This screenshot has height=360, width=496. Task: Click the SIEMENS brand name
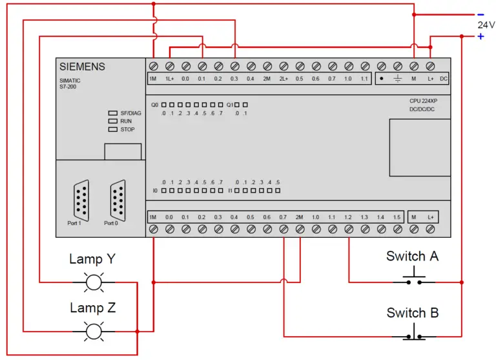(x=82, y=67)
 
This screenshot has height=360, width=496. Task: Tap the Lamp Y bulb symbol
(x=94, y=282)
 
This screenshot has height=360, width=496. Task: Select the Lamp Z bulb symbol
(x=94, y=332)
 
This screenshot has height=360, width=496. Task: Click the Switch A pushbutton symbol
(x=414, y=278)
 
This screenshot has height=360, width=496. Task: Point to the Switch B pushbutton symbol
(x=414, y=333)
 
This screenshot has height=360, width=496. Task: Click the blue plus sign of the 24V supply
(x=480, y=36)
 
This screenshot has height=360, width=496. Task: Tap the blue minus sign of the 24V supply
(x=480, y=15)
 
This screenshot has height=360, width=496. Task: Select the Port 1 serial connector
(x=81, y=200)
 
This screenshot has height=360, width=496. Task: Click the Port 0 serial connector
(x=118, y=200)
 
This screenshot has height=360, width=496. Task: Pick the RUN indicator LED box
(x=113, y=121)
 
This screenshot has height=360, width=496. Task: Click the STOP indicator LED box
(x=113, y=129)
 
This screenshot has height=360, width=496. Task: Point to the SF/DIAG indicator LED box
(x=113, y=112)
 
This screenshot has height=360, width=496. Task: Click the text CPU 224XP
(x=423, y=101)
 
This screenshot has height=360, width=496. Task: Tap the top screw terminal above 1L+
(x=170, y=66)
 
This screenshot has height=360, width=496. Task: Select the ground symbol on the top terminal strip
(x=398, y=78)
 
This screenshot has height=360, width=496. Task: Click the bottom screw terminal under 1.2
(x=349, y=229)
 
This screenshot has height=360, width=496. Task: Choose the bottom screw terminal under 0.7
(x=284, y=229)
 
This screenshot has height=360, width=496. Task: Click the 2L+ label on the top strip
(x=284, y=78)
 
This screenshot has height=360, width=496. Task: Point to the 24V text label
(x=486, y=25)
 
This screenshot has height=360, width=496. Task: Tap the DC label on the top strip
(x=444, y=78)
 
